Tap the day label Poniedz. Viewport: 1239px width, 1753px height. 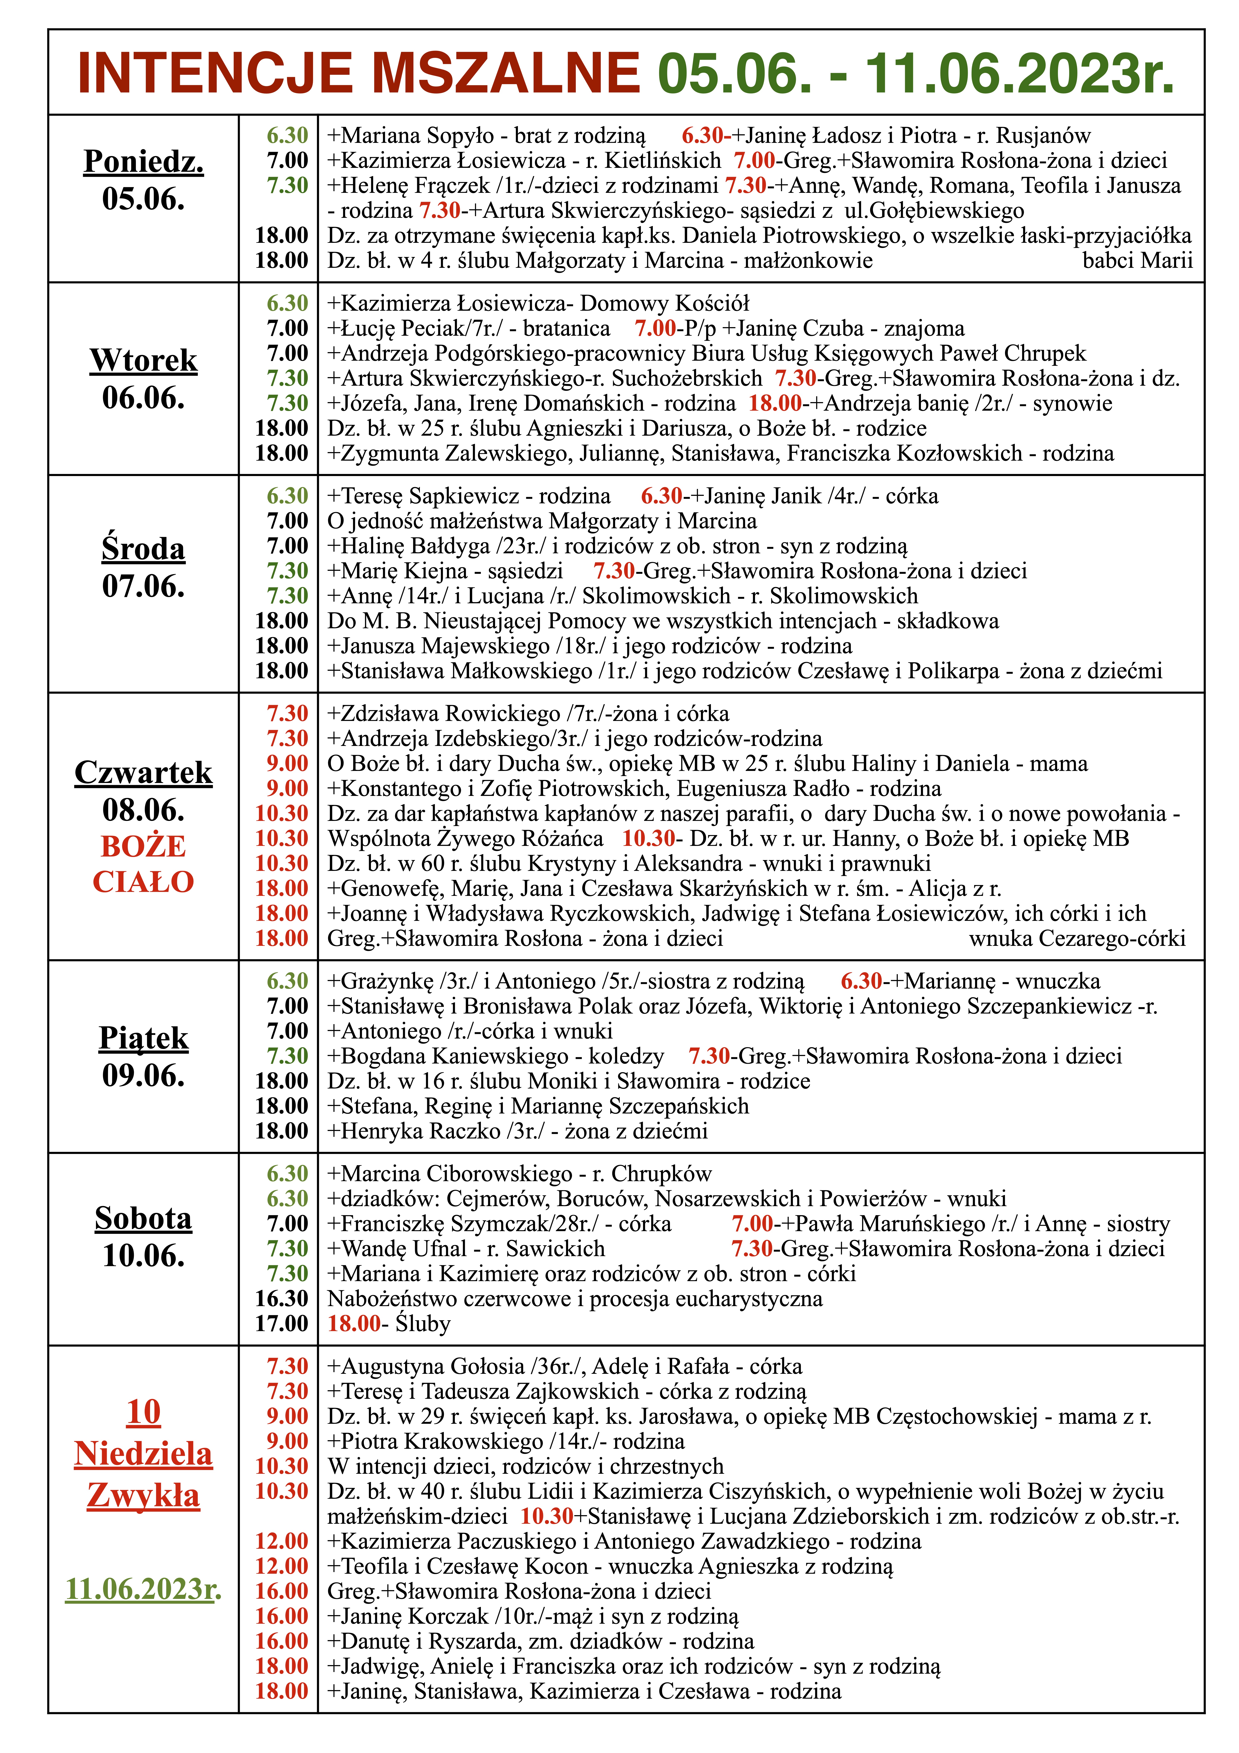click(x=143, y=161)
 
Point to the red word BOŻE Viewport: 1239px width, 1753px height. click(x=143, y=846)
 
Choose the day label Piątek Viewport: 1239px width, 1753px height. click(x=143, y=1038)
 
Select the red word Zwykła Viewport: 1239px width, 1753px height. click(x=143, y=1495)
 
